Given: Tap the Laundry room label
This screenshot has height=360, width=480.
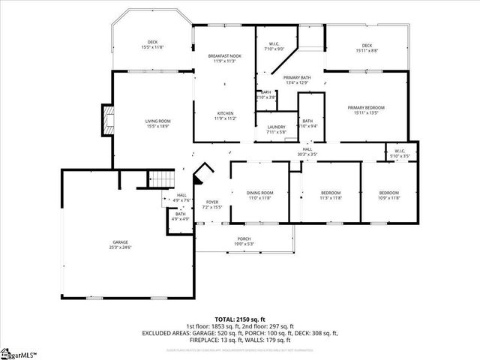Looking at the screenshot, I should (276, 129).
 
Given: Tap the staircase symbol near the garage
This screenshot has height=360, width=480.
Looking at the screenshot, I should (160, 180).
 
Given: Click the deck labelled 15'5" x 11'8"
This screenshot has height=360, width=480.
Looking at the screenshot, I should (152, 44).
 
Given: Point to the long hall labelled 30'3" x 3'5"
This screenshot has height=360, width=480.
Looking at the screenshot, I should (307, 151).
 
